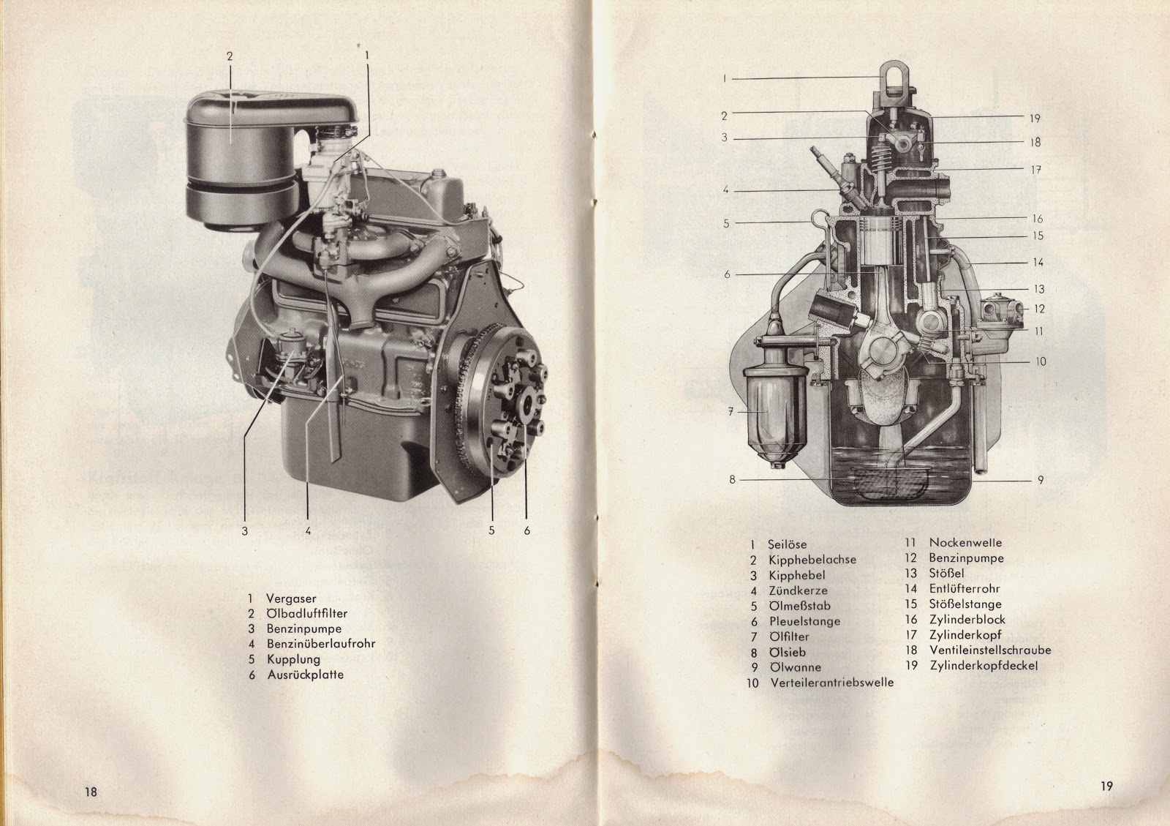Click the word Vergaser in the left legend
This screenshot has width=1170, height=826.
[x=291, y=598]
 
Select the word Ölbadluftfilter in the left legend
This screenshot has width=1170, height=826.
[x=306, y=613]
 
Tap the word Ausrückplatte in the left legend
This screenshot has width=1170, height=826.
[x=306, y=675]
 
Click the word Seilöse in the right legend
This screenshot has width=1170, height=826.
[x=787, y=544]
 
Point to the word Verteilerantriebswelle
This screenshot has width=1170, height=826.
[x=832, y=683]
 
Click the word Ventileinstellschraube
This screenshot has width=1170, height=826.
[x=990, y=650]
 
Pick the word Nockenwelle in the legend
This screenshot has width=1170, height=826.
[x=965, y=543]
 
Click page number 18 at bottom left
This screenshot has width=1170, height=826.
[x=91, y=792]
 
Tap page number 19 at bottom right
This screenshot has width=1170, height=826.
[x=1106, y=786]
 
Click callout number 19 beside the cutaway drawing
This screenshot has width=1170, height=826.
[x=1035, y=119]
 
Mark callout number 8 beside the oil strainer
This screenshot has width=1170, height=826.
[x=732, y=479]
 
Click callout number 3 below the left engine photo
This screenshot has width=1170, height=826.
[x=244, y=531]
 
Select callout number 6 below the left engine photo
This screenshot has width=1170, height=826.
[x=527, y=531]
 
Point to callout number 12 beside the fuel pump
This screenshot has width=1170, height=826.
[x=1039, y=309]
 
